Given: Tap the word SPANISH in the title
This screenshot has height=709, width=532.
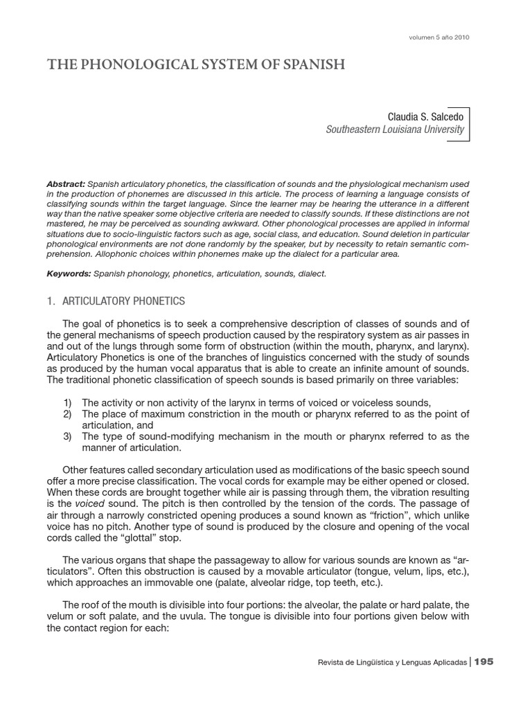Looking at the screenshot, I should (x=311, y=65).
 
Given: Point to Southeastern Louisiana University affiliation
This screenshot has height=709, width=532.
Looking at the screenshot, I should (x=395, y=130).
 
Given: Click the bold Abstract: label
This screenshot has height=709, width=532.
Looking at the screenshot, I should (x=66, y=184).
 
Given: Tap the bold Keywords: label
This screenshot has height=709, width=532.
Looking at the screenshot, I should (x=69, y=274).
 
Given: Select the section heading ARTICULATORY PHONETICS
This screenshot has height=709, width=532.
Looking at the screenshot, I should (x=123, y=300).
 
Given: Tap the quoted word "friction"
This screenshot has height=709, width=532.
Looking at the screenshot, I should (x=366, y=514).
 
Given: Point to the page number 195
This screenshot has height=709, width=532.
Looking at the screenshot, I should (x=484, y=663).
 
